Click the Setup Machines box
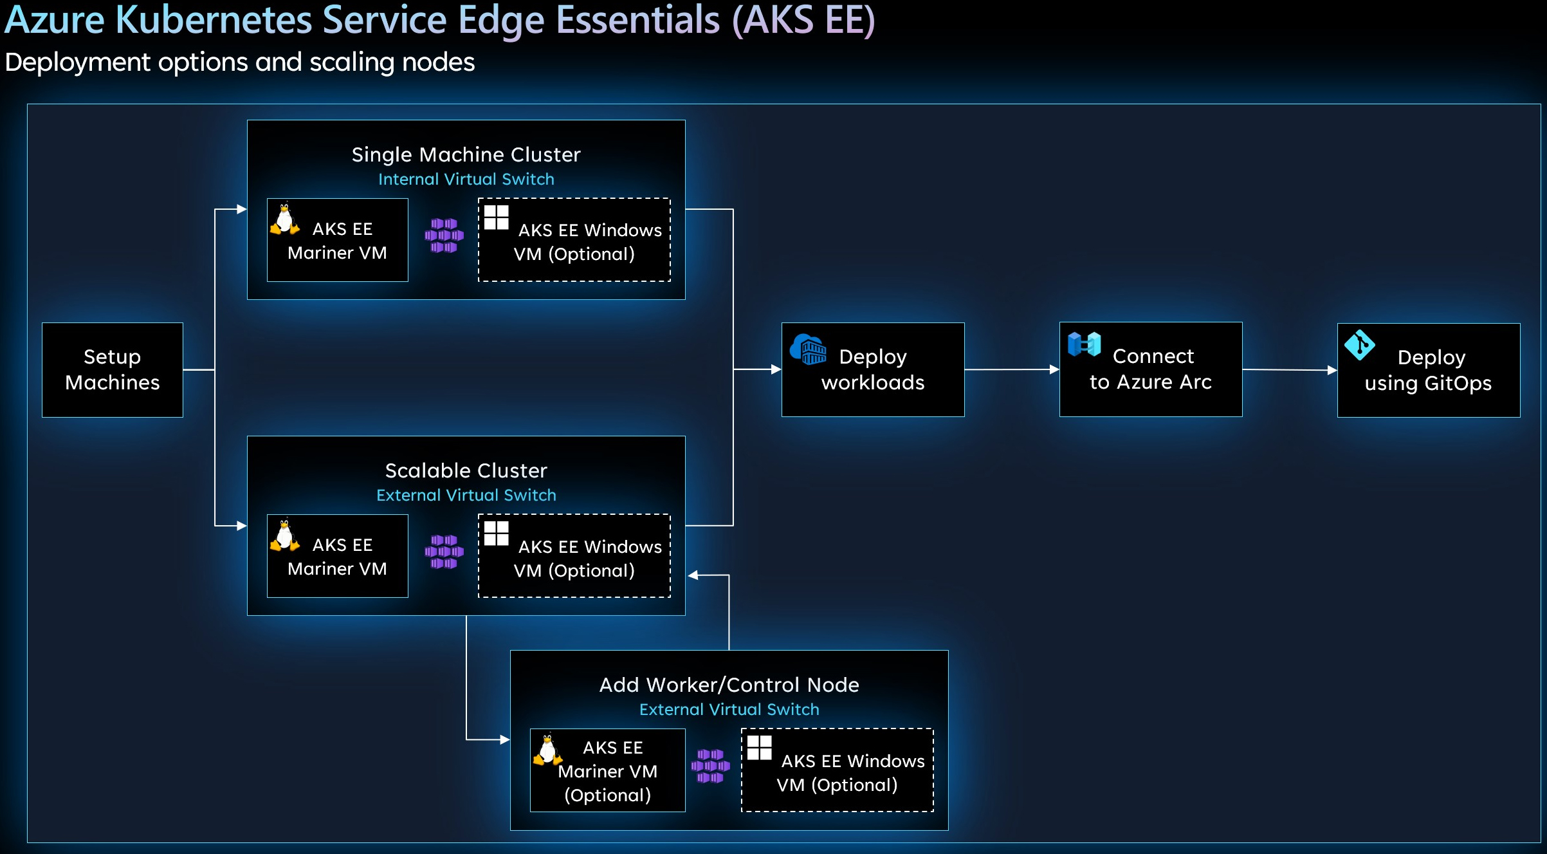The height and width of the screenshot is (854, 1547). coord(113,370)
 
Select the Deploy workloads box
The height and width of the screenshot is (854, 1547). coord(873,370)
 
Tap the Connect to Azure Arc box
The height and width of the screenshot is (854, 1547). coord(1151,369)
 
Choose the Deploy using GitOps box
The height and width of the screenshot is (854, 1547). coord(1429,371)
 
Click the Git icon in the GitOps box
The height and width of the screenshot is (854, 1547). coord(1360,346)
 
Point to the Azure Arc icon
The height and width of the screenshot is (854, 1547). coord(1084,344)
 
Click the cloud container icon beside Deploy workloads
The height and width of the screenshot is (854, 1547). coord(808,349)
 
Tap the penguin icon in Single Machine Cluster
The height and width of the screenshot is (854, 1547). coord(284,219)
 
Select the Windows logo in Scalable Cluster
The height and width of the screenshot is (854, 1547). coord(497,534)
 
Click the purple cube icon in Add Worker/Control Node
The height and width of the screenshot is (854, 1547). coord(710,766)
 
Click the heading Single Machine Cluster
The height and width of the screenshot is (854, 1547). coord(466,154)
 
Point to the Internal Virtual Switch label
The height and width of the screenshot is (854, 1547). coord(466,179)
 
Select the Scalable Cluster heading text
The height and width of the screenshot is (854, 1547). coord(466,470)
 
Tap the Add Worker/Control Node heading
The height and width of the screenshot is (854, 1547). coord(729,685)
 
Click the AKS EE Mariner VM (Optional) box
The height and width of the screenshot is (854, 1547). coord(608,770)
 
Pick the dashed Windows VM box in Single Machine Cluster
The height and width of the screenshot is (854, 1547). coord(574,240)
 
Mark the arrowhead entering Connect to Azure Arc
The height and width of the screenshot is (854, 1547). coord(1054,369)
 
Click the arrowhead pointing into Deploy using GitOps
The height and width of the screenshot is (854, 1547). coord(1332,370)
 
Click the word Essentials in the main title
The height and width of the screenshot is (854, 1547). coord(638,19)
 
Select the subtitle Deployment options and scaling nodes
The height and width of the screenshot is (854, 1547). coord(240,62)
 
